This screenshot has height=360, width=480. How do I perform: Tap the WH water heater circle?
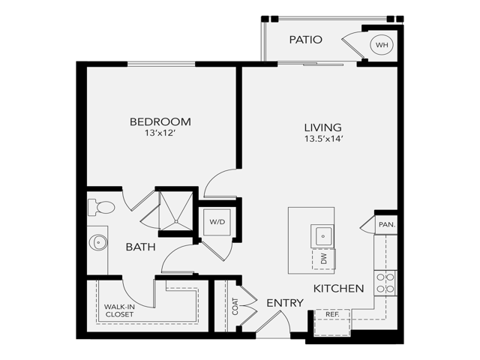tap(382, 45)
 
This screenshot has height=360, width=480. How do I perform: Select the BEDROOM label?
tap(160, 121)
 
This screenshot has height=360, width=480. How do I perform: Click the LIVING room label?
tap(323, 127)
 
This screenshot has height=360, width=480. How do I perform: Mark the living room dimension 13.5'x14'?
tap(323, 139)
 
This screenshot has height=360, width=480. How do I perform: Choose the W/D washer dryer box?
tap(217, 222)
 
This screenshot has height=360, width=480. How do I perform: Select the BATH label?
tap(140, 246)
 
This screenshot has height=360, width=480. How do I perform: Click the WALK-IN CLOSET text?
tap(119, 310)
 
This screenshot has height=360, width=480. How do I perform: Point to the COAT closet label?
tap(235, 305)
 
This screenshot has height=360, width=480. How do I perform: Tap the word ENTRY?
tap(285, 303)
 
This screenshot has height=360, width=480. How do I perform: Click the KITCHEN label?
tap(338, 288)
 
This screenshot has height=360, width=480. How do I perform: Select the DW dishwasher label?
tap(323, 259)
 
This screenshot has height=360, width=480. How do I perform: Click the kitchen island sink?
tap(323, 235)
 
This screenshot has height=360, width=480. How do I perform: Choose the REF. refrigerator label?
tap(331, 313)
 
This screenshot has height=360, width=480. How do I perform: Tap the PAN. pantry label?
tap(386, 224)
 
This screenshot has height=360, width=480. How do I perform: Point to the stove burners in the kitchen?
tap(385, 282)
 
